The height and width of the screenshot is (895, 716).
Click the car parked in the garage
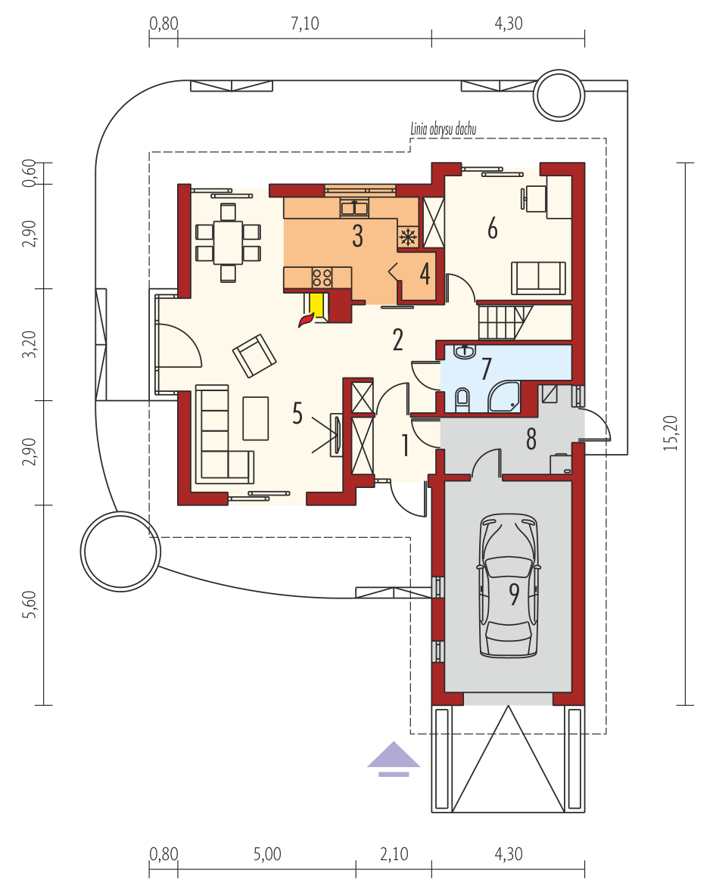508,586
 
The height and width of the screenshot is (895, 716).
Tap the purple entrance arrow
394,759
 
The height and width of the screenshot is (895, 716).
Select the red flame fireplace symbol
307,319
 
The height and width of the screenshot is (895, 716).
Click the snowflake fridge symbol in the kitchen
408,236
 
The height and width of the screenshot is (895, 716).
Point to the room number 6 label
492,228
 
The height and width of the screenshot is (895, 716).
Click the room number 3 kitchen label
357,236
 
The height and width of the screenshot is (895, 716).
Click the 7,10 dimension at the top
305,23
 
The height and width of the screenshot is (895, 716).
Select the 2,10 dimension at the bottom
394,854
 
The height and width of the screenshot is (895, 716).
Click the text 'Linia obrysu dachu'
443,129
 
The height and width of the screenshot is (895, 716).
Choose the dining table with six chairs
228,243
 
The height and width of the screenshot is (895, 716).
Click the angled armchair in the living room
254,355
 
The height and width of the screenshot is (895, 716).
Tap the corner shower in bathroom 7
504,396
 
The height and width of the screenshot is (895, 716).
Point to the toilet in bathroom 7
462,399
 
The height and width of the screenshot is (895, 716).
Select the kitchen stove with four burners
322,278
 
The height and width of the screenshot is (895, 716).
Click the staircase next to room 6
506,322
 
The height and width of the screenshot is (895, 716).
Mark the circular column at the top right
559,95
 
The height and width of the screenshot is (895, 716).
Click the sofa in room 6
538,278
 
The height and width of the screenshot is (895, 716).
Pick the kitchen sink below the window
354,207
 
